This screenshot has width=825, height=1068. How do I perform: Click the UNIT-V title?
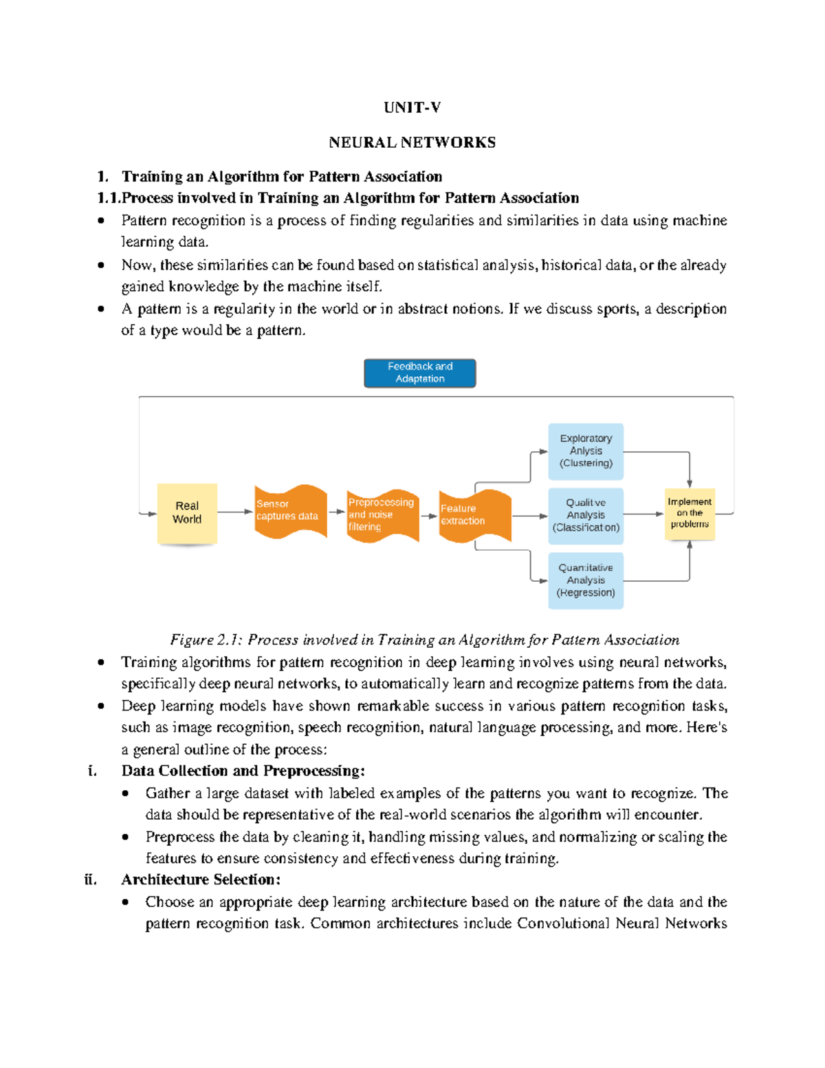coord(412,107)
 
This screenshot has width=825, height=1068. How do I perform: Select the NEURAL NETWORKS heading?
coord(412,142)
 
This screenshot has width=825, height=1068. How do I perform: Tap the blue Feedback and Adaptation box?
coord(419,373)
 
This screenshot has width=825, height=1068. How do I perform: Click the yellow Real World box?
coord(187,513)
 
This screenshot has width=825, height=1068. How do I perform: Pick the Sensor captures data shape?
coord(289,511)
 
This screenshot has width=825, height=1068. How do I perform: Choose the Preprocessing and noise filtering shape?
coord(382,515)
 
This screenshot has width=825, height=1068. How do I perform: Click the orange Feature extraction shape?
coord(474,515)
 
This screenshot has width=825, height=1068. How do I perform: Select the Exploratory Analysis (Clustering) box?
coord(586,451)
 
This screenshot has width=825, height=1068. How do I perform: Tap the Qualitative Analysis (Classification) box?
coord(586,515)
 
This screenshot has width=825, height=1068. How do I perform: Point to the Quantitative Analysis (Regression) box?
coord(586,580)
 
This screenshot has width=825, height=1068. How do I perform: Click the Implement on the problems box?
coord(690,513)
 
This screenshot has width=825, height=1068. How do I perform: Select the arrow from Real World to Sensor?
coord(235,512)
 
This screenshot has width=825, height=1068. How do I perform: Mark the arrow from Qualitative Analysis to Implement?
coord(643,514)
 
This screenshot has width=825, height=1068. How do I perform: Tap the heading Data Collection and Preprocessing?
coord(243,770)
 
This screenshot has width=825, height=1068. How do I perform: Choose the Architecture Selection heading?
coord(201,880)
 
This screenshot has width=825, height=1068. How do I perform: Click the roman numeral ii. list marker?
coord(90,880)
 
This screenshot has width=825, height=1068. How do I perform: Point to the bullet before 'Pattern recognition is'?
coord(101,221)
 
